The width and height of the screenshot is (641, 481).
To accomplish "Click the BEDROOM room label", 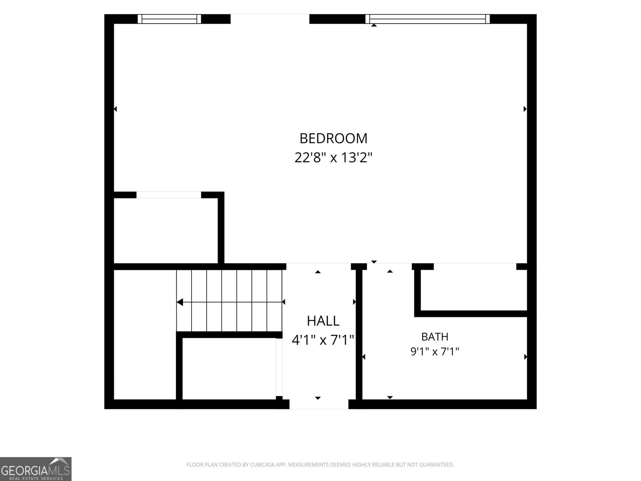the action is point(333,138).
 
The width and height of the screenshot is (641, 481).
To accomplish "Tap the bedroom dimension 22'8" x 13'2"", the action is point(333,158).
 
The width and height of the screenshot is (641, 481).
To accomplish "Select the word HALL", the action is point(323,321).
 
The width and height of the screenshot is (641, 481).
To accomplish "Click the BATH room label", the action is point(435,337).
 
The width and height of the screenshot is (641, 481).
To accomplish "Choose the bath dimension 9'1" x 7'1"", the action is point(435,352).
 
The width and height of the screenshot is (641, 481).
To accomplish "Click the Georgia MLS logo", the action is point(36,469).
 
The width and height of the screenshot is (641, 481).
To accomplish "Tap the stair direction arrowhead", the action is point(180,302).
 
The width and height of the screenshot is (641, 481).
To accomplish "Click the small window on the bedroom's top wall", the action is point(169,19).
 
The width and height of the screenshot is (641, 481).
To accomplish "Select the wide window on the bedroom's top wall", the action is point(427,19).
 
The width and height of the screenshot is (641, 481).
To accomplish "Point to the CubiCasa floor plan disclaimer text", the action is point(320,465).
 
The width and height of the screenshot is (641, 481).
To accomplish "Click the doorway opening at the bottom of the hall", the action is point(319,404).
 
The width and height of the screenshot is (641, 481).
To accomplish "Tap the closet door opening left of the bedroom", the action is point(169,195).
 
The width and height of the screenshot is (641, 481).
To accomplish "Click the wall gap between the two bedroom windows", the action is point(270,19).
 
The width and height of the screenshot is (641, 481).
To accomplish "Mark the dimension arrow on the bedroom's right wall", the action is point(525,109).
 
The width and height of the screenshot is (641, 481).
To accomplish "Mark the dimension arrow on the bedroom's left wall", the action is point(115,109).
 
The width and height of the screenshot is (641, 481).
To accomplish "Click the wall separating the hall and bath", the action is point(359,334).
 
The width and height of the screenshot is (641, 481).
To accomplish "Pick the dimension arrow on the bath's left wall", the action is point(364,357).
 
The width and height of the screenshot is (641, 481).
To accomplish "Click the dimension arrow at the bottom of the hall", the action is point(318,398).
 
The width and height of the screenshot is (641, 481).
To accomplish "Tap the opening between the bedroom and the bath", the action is point(389,266).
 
